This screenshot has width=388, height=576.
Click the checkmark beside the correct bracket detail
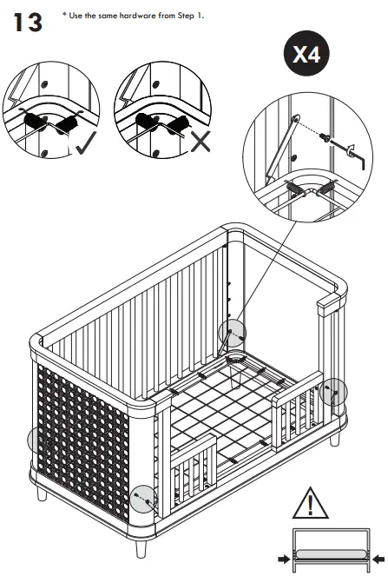click(x=86, y=142)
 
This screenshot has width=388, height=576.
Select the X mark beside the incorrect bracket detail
click(x=200, y=141)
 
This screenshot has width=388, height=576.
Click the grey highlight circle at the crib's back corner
click(x=232, y=332)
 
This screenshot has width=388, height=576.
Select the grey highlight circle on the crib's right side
click(x=332, y=392)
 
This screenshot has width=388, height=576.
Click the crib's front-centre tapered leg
click(x=140, y=550)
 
